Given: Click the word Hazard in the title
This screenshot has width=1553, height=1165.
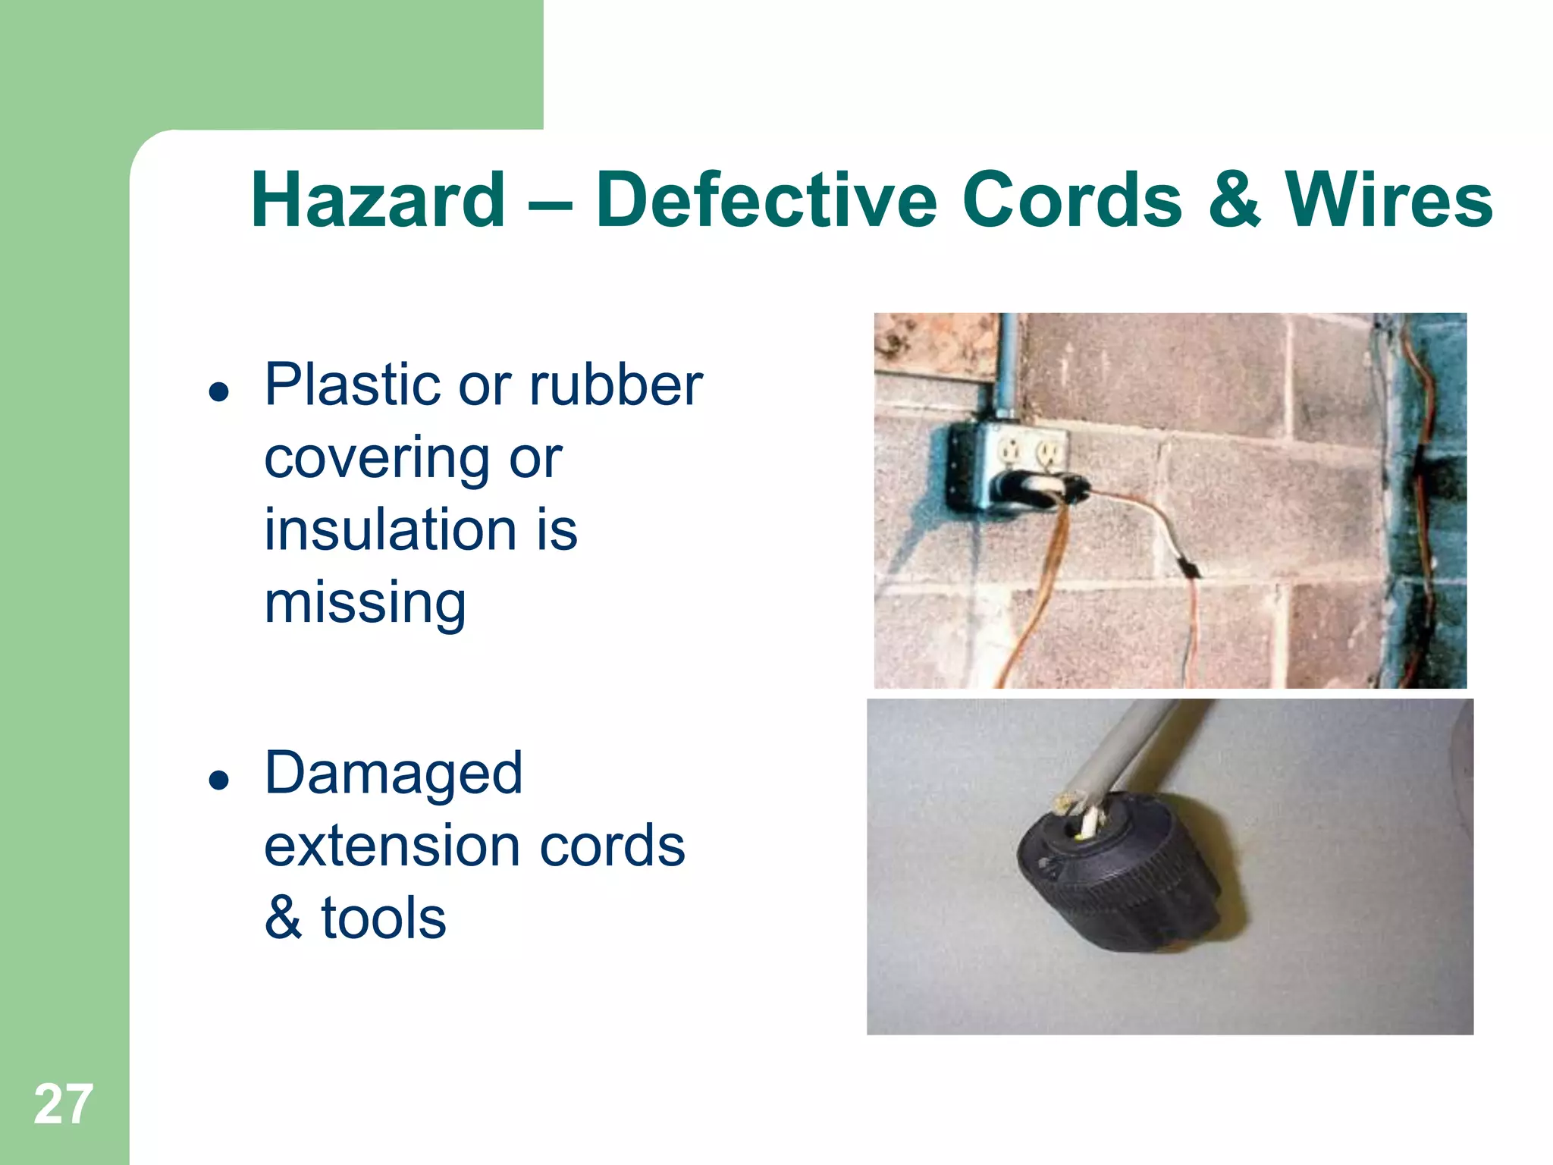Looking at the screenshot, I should [378, 199].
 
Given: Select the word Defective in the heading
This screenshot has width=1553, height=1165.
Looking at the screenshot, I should [767, 199].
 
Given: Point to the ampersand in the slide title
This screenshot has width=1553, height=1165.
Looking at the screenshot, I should [1235, 199].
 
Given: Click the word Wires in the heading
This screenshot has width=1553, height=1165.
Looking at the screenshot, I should [1388, 199].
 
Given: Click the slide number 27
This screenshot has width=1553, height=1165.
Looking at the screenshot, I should [64, 1104].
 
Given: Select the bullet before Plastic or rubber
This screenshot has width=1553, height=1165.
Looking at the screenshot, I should [219, 392].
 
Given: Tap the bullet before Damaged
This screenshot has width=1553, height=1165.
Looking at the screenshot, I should [219, 780].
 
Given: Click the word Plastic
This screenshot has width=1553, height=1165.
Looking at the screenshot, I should [353, 385].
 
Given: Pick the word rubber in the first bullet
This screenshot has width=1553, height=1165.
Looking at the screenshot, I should [616, 385].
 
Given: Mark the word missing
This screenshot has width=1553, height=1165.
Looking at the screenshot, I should [365, 602].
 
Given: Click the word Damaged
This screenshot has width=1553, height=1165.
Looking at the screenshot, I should [394, 773].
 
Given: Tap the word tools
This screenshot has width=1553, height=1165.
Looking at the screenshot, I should [384, 918].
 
